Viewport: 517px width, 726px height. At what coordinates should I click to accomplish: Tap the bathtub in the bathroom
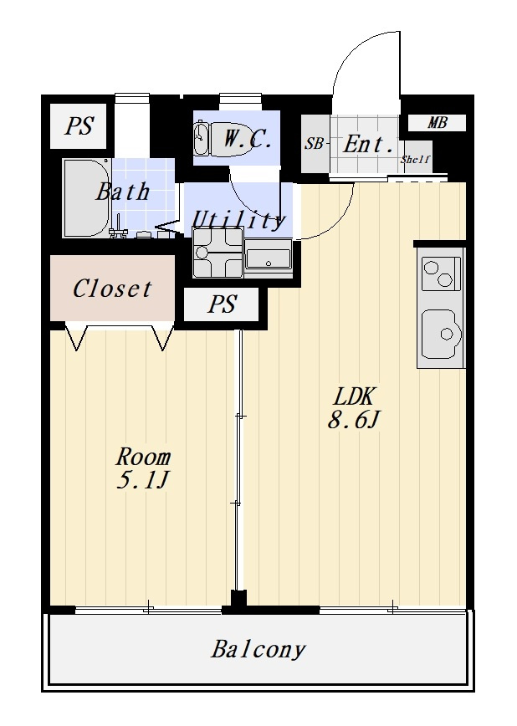[87, 198]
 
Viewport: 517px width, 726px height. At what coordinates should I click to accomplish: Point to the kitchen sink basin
[442, 334]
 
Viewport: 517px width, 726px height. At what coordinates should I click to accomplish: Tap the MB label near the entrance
[437, 123]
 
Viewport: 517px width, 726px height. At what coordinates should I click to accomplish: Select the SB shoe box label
[314, 144]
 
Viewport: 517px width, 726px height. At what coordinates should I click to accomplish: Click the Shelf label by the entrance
[416, 159]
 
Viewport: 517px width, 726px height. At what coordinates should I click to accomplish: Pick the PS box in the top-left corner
[78, 126]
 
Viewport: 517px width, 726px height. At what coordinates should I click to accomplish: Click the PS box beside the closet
[221, 304]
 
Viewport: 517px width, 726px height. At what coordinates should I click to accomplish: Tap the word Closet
[112, 289]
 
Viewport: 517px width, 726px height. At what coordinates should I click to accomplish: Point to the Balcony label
[258, 649]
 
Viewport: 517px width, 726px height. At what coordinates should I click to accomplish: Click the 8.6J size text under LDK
[354, 421]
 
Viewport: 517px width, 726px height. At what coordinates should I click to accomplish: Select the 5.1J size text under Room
[141, 481]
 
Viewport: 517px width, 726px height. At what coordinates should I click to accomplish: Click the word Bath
[122, 192]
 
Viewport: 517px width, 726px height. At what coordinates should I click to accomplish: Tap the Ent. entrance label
[368, 144]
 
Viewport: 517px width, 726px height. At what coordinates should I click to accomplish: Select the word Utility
[238, 221]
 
